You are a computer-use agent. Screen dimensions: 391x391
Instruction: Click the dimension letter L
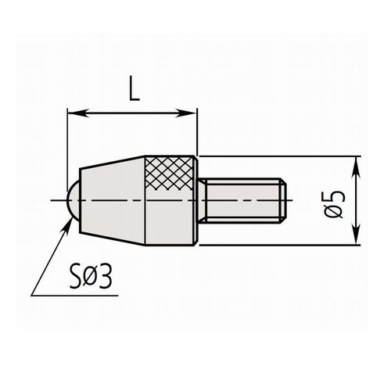pos(135,88)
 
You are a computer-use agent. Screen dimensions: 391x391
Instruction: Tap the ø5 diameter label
pos(334,205)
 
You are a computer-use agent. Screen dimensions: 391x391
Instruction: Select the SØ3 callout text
pos(91,278)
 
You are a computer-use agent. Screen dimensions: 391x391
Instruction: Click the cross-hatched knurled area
pos(169,172)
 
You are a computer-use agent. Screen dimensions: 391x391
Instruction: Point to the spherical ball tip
pos(74,200)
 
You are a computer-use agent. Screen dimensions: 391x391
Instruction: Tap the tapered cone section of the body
pos(112,201)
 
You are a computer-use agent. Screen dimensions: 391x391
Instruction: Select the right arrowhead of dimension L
pos(186,113)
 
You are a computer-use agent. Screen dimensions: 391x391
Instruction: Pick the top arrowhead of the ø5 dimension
pos(356,167)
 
